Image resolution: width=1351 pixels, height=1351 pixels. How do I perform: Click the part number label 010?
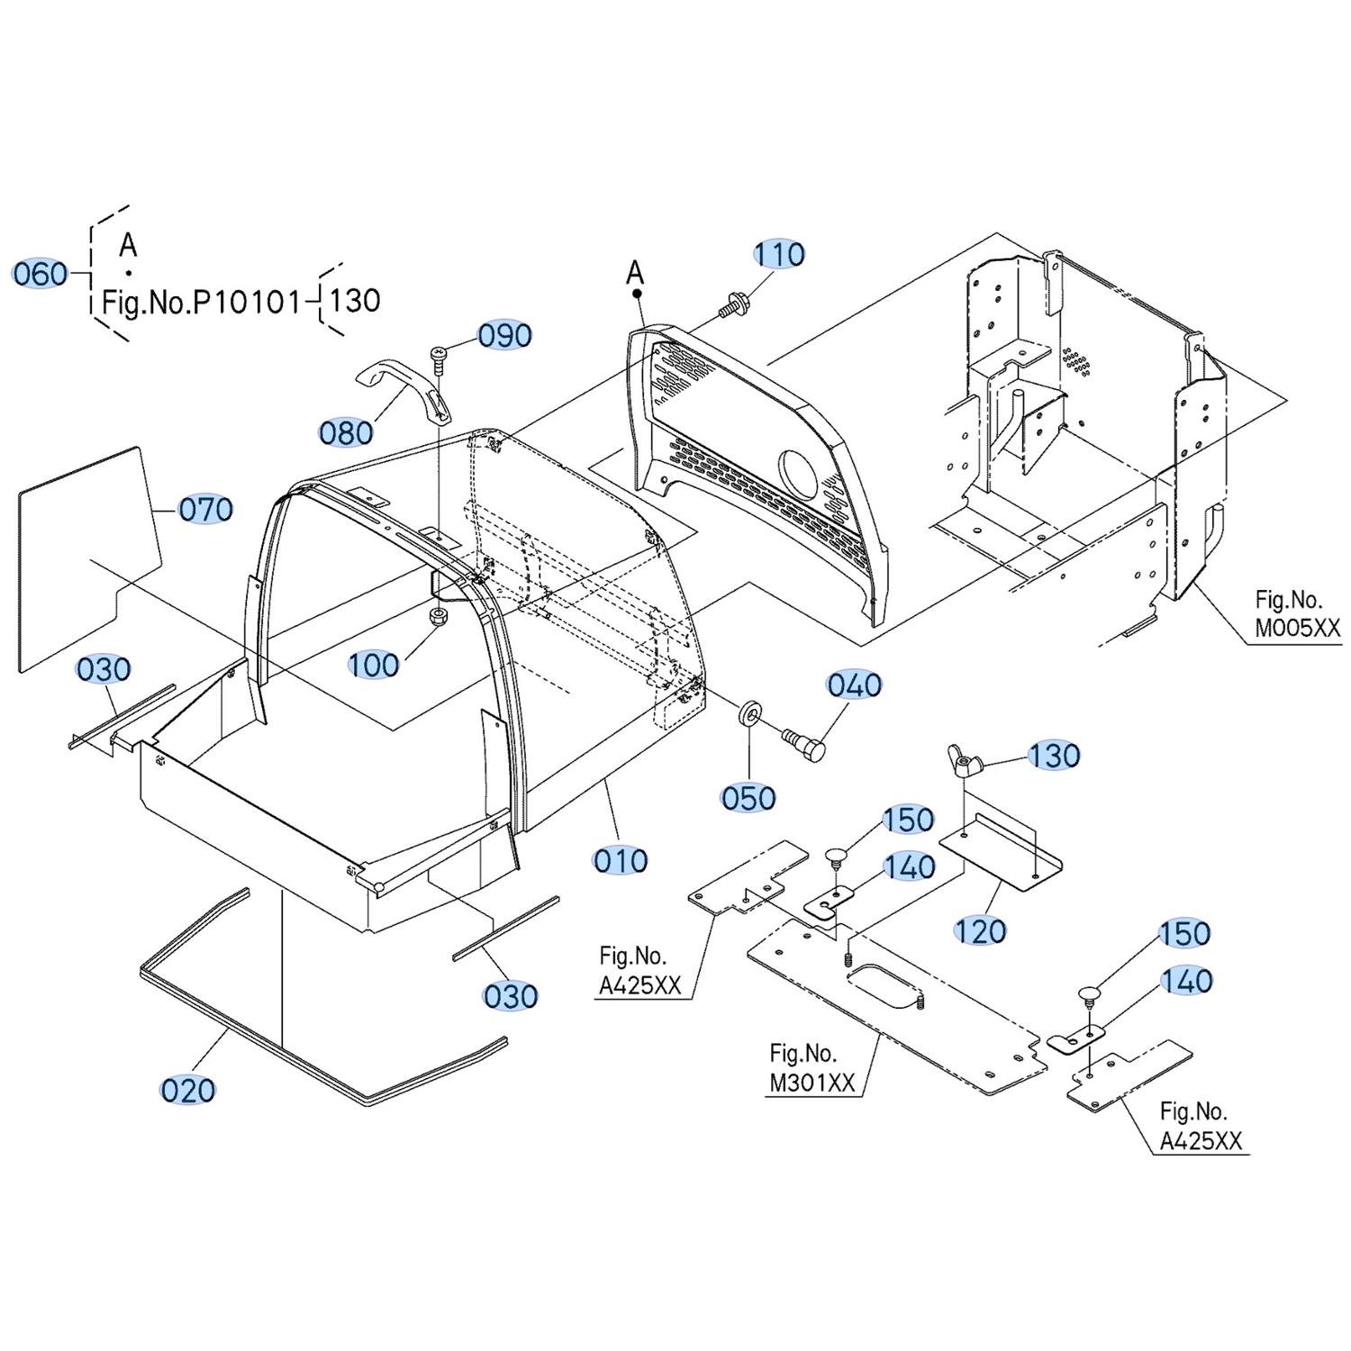click(621, 861)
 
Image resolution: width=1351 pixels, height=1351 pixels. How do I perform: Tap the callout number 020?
click(188, 1090)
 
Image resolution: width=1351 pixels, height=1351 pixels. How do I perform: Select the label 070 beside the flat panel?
click(205, 510)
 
